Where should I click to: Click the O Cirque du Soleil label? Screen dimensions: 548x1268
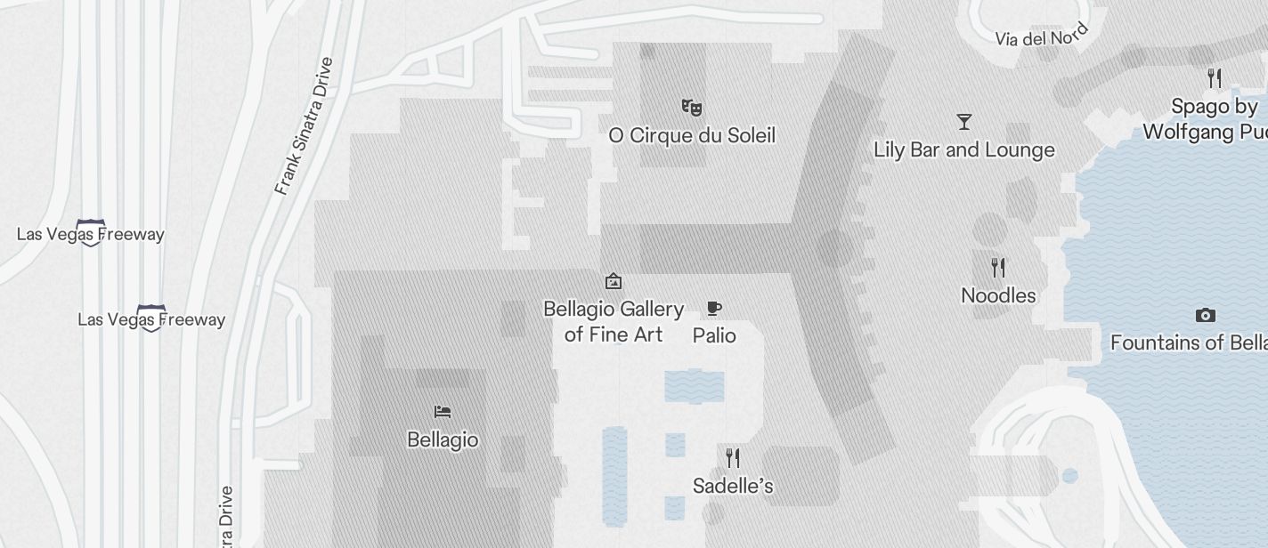click(692, 135)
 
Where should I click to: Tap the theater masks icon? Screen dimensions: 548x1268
click(692, 108)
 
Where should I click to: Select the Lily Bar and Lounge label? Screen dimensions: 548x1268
click(964, 149)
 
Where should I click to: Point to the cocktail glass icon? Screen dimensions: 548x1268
click(963, 121)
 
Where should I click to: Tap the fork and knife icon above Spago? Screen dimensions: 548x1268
click(1214, 77)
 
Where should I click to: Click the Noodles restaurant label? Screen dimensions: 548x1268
click(998, 295)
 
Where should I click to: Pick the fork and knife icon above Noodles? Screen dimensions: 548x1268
click(998, 267)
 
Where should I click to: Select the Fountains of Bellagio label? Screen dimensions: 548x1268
click(1188, 342)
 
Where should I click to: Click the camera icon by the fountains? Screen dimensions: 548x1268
click(1205, 315)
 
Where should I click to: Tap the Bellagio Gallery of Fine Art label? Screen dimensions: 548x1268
click(614, 321)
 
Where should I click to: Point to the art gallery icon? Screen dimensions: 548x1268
click(614, 281)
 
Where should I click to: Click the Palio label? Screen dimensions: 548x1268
click(714, 335)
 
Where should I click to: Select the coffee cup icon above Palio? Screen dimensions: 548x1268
click(713, 309)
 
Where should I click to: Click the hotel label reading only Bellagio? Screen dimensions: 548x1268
click(443, 439)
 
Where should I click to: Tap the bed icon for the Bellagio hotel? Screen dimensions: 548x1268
click(443, 412)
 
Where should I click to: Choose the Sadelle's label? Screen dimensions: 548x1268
click(733, 486)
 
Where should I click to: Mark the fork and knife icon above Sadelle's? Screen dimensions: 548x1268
click(733, 458)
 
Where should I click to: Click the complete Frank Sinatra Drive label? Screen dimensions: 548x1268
click(305, 126)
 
